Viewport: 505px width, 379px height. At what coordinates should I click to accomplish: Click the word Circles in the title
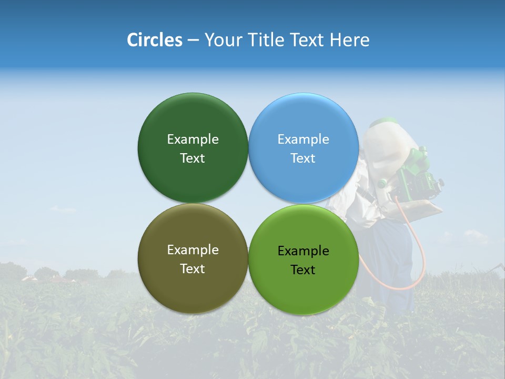point(154,40)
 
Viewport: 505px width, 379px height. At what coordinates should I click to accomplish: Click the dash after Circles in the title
point(193,41)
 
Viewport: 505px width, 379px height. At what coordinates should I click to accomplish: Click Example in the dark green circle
point(193,139)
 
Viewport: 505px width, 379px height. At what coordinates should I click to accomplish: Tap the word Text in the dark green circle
point(193,158)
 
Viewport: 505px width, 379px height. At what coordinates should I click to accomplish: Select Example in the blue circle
point(303,139)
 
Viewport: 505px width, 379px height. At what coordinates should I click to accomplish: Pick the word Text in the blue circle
point(303,158)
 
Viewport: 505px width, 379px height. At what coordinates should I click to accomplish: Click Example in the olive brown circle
point(193,250)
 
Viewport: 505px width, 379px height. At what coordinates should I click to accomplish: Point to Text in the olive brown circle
point(193,269)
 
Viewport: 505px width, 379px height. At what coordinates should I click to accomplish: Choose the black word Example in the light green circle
point(303,251)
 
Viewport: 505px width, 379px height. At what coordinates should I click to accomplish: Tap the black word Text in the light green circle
point(303,270)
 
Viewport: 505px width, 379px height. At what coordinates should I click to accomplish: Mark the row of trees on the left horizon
point(47,273)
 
